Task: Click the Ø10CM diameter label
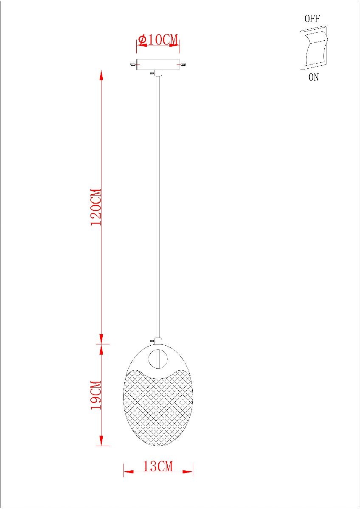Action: (158, 39)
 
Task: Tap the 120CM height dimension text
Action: (96, 207)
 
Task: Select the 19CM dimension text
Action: (96, 395)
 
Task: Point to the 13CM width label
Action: (158, 466)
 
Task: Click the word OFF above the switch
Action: (312, 19)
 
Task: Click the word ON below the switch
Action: (314, 77)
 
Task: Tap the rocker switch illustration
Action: (313, 48)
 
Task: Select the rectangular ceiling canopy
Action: (158, 64)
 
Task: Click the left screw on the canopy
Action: (133, 65)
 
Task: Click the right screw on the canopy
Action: (183, 65)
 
